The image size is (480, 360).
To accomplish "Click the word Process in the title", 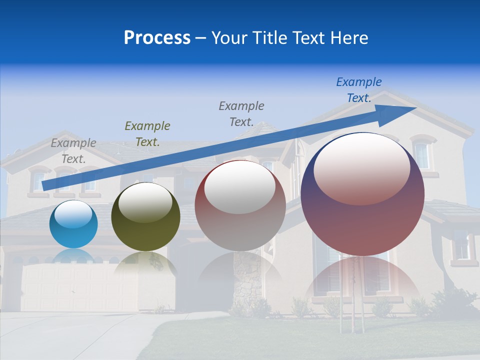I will click(x=157, y=38).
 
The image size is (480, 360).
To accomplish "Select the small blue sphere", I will click(x=73, y=224).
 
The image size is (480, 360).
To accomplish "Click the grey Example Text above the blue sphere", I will click(x=73, y=150).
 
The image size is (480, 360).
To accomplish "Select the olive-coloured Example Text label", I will click(x=147, y=133).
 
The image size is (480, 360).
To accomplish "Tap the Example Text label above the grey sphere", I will click(x=241, y=113).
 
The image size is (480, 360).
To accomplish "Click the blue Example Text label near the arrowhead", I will click(x=359, y=89).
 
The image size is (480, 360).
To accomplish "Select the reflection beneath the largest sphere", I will click(x=362, y=280).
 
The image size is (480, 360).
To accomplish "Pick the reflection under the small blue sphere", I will click(x=73, y=256).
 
